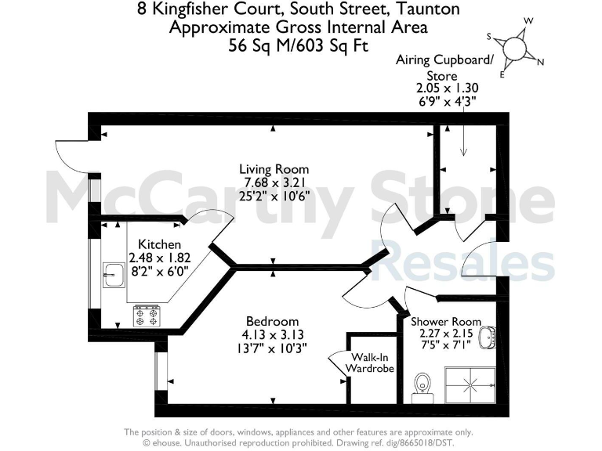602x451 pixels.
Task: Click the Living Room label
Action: pyautogui.click(x=274, y=169)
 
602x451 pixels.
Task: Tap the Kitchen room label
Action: pyautogui.click(x=159, y=244)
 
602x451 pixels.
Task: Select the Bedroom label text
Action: pyautogui.click(x=272, y=321)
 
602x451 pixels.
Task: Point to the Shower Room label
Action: pyautogui.click(x=445, y=322)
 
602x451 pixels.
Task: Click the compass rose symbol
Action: pyautogui.click(x=515, y=49)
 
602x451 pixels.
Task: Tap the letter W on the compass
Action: pyautogui.click(x=529, y=21)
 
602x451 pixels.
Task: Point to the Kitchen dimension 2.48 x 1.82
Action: pyautogui.click(x=159, y=258)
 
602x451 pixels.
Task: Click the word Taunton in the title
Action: pyautogui.click(x=426, y=9)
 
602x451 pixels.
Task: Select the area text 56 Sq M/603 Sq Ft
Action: pyautogui.click(x=300, y=45)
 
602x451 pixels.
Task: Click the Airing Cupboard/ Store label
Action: pyautogui.click(x=445, y=68)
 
